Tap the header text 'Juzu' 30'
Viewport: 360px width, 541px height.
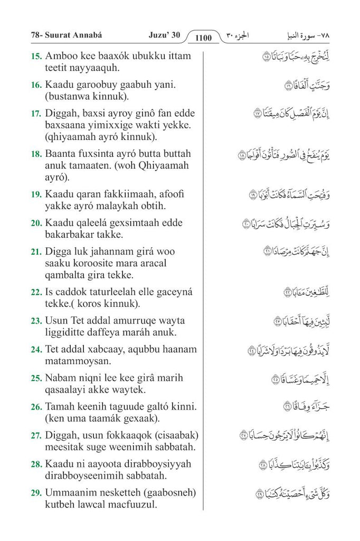coord(164,35)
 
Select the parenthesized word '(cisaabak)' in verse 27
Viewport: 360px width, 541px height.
coord(173,435)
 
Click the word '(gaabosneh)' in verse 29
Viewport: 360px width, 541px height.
coord(169,493)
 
